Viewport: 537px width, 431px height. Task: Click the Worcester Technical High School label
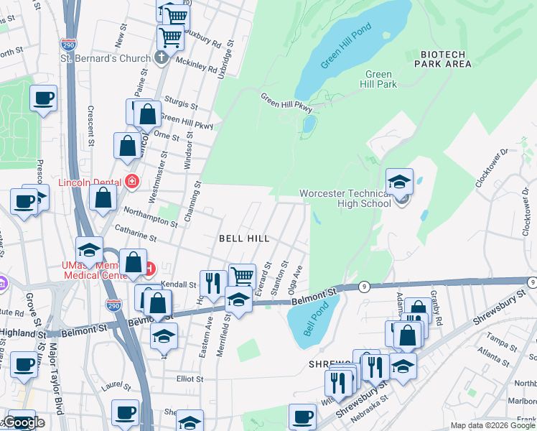coord(345,199)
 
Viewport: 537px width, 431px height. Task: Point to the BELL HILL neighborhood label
coord(243,238)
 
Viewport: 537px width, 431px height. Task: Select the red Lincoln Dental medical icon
coord(131,181)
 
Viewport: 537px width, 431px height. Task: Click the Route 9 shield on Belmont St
coord(365,287)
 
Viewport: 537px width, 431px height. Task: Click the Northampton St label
coord(150,213)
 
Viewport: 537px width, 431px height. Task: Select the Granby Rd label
coord(438,300)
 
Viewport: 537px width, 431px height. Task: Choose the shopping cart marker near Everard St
coord(242,277)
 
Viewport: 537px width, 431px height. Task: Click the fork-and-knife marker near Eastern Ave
coord(213,282)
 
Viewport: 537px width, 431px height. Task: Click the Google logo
coord(24,422)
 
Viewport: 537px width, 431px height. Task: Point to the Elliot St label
coord(190,379)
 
